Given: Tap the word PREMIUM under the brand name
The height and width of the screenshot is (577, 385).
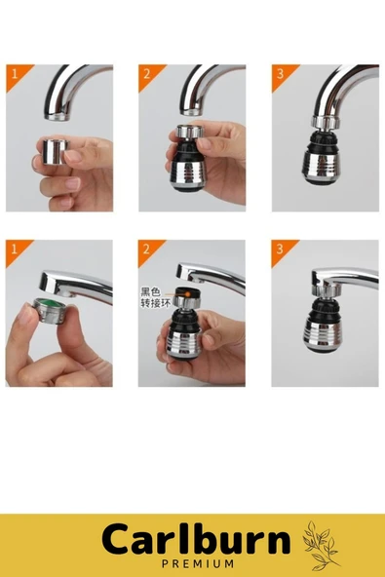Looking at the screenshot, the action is [198, 563].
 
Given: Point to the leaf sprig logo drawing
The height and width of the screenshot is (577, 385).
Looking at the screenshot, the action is [320, 546].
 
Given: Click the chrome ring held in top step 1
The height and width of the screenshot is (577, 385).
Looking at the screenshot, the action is [57, 151].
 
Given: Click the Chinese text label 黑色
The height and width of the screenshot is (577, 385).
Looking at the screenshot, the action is [150, 292].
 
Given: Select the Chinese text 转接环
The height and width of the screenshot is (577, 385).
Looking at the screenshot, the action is [155, 303].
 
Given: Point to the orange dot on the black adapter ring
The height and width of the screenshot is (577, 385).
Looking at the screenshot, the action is [188, 293].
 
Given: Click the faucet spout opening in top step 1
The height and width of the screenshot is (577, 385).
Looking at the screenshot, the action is [58, 116].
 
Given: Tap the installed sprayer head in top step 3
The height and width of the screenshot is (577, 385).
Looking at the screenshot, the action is [325, 150].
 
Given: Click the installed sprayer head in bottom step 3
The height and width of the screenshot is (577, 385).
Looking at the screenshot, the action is [323, 319].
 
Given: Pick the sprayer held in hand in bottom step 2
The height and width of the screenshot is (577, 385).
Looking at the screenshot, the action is [184, 324].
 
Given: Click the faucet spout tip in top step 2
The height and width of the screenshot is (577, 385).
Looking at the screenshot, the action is [191, 111].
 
